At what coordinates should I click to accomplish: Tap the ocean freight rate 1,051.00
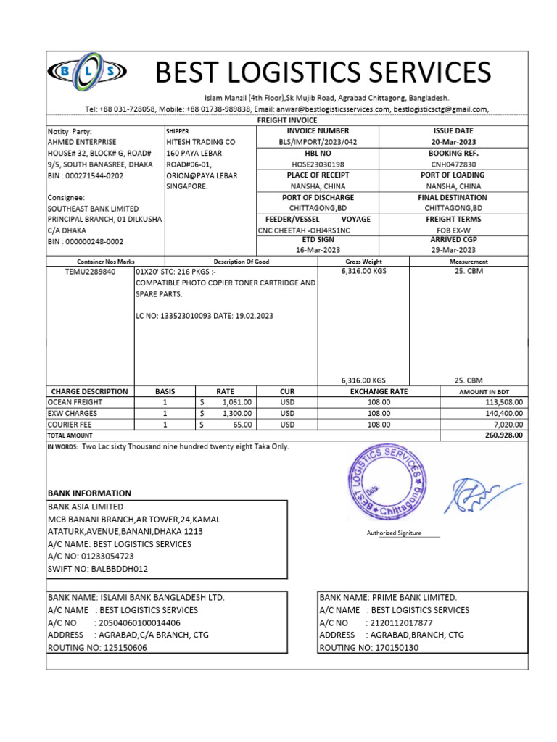pyautogui.click(x=236, y=402)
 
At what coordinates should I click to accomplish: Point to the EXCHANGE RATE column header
pyautogui.click(x=379, y=391)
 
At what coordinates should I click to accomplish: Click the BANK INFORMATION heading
pyautogui.click(x=89, y=493)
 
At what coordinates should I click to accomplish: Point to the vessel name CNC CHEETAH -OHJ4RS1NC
pyautogui.click(x=304, y=230)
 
